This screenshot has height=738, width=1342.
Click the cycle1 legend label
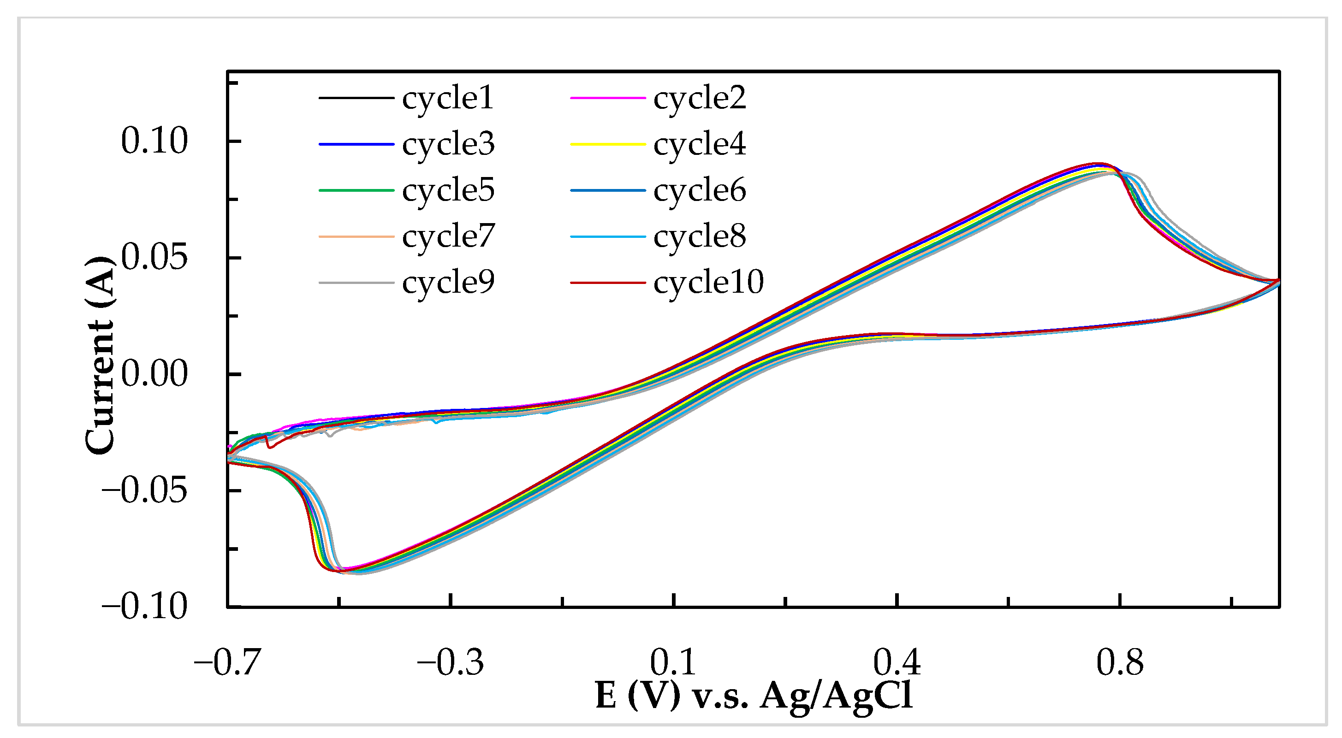tap(447, 98)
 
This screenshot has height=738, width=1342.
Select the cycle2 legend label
tap(699, 98)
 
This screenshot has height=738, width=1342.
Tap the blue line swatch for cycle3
tap(356, 144)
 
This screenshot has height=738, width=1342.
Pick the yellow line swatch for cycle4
tap(607, 144)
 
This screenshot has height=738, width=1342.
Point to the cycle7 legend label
tap(447, 236)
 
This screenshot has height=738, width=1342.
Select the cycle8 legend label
tap(699, 236)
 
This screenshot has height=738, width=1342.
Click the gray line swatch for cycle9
tap(356, 283)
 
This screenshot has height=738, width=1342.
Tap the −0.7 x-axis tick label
tap(227, 662)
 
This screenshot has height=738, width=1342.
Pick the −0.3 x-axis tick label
tap(450, 662)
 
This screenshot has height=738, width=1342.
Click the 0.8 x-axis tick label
tap(1120, 662)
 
